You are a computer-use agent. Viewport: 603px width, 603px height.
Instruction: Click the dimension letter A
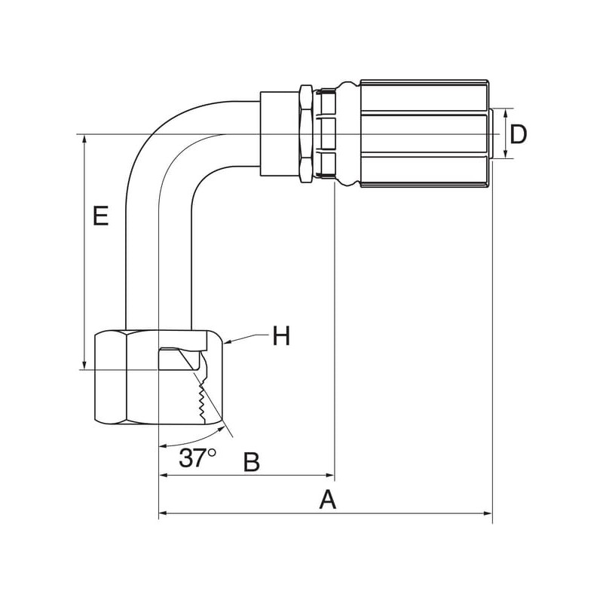pyautogui.click(x=327, y=499)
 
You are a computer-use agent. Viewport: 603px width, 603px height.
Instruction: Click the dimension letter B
pyautogui.click(x=252, y=461)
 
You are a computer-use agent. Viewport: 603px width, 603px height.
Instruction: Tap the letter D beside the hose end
pyautogui.click(x=518, y=134)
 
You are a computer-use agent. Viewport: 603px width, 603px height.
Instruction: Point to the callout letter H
pyautogui.click(x=281, y=335)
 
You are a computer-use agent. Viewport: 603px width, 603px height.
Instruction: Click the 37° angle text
pyautogui.click(x=197, y=458)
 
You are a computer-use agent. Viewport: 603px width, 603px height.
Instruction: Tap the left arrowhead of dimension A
pyautogui.click(x=163, y=513)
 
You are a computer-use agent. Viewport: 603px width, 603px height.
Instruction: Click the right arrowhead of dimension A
pyautogui.click(x=488, y=513)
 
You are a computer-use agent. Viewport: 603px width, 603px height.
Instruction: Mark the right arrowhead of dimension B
pyautogui.click(x=330, y=476)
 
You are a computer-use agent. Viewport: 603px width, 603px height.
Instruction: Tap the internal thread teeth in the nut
pyautogui.click(x=201, y=402)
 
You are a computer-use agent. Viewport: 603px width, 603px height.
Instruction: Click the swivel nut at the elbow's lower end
pyautogui.click(x=159, y=378)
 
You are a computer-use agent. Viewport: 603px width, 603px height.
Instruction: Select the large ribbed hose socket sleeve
pyautogui.click(x=425, y=133)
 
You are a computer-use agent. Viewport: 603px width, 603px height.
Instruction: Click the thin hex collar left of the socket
pyautogui.click(x=306, y=133)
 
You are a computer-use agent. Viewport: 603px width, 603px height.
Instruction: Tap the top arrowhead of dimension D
pyautogui.click(x=505, y=112)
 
